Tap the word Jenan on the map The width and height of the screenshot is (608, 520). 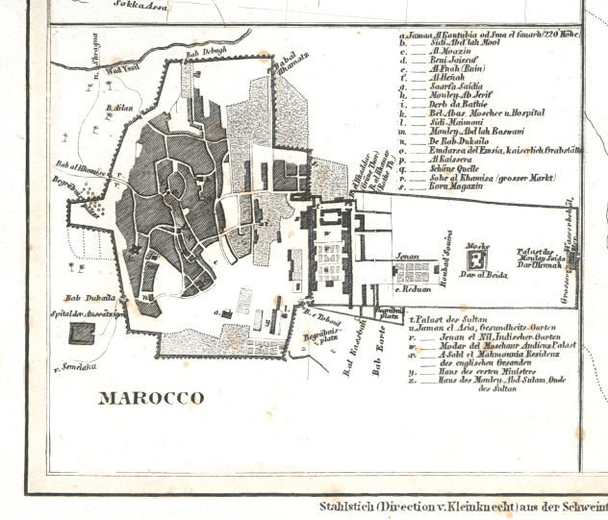[x=408, y=258]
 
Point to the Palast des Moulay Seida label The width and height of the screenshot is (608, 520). [x=549, y=252]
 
